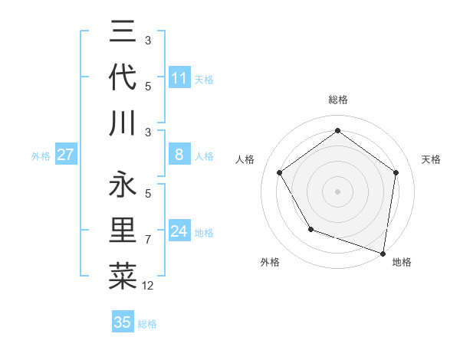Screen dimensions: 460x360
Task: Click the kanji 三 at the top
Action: tap(123, 33)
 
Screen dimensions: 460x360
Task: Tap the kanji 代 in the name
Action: tap(123, 78)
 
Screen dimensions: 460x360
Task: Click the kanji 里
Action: tap(123, 231)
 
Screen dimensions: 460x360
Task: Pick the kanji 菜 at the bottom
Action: tap(123, 276)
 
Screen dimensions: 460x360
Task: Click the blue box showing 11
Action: tap(179, 78)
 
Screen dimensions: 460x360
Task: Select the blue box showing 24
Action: tap(179, 231)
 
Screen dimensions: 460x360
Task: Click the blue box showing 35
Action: tap(123, 322)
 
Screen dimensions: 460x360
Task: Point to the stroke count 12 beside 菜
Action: tap(148, 286)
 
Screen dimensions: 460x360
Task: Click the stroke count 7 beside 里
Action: tap(148, 241)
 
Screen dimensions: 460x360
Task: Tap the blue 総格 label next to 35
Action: tap(147, 324)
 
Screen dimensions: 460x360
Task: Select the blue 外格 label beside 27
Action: tap(41, 156)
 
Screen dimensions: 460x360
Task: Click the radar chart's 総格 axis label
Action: tap(338, 100)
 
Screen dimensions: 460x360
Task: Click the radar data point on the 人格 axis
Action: tap(280, 172)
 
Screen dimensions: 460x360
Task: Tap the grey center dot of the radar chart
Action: tap(338, 191)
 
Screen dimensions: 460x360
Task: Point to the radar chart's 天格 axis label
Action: tap(431, 159)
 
